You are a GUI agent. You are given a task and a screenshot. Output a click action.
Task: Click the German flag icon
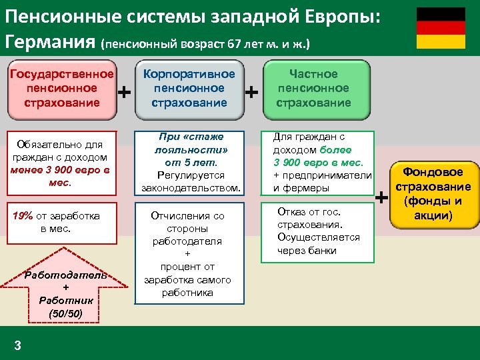tap(441, 28)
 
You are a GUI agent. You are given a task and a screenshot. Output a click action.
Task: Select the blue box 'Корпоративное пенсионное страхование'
tap(190, 88)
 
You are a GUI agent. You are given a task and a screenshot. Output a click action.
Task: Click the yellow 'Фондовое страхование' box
tap(433, 194)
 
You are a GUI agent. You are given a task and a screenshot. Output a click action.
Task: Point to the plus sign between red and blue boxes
tap(124, 91)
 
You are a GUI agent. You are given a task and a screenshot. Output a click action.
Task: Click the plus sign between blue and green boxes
tap(252, 91)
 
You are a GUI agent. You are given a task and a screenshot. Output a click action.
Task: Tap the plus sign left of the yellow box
tap(381, 197)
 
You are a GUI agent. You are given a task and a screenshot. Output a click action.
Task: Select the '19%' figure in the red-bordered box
tap(23, 216)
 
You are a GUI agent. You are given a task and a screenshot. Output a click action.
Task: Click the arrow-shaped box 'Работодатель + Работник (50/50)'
tap(61, 287)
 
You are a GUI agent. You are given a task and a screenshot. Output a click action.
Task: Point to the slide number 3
tap(18, 345)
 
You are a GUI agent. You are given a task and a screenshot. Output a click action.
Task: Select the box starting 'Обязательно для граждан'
tap(60, 163)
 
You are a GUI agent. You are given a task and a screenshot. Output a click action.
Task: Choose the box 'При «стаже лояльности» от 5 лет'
tap(190, 163)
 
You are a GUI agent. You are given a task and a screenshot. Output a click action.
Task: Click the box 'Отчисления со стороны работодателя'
tap(190, 254)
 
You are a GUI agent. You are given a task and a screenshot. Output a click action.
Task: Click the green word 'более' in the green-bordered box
tap(335, 150)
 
